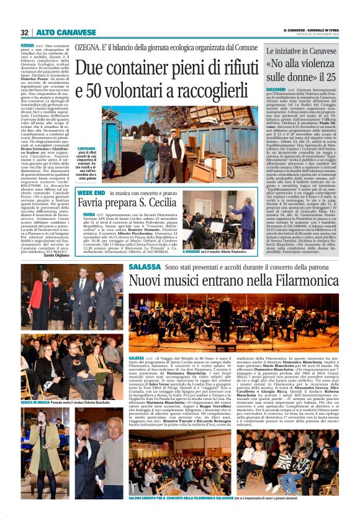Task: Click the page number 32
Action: point(25,32)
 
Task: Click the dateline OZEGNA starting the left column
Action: point(27,46)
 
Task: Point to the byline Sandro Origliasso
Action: point(57,256)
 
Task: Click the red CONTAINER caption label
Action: point(87,148)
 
